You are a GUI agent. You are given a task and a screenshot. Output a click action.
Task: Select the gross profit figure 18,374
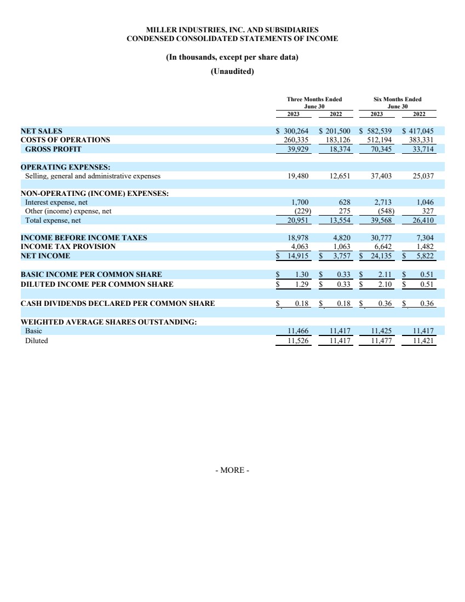coord(338,149)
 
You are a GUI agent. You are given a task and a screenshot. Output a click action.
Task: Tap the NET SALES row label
coord(41,131)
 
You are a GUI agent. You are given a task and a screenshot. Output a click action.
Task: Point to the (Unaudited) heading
coord(232,71)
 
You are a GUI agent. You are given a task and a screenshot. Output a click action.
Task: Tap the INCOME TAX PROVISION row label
coord(68,247)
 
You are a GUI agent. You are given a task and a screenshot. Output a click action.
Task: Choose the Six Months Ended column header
coord(397,99)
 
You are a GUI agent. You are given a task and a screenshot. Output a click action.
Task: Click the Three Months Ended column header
coord(314,99)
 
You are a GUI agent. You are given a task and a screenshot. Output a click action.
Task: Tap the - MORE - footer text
coord(232,471)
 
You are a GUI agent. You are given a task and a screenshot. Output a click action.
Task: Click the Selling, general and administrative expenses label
coord(93,176)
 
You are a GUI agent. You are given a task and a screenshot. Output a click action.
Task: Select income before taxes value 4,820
coord(342,238)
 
